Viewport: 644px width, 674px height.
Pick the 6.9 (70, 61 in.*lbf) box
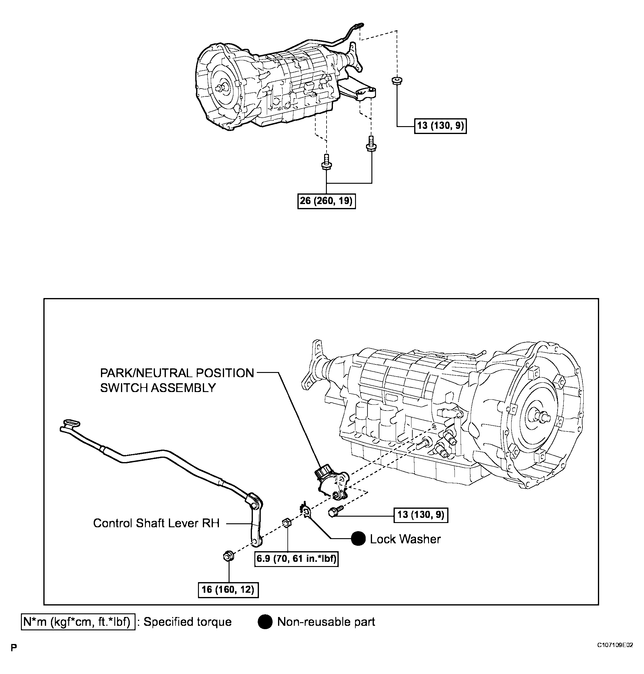(x=296, y=558)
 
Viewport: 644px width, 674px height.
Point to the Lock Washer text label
(x=405, y=539)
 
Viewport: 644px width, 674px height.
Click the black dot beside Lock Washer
(x=358, y=539)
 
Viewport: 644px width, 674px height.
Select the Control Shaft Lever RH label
(x=156, y=523)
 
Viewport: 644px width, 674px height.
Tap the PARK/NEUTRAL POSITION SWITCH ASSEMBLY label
(x=177, y=380)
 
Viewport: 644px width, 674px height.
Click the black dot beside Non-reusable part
(x=265, y=622)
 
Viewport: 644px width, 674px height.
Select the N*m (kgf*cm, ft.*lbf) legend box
(x=78, y=622)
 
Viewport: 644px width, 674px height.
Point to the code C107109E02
(x=615, y=645)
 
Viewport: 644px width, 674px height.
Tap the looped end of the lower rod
(x=71, y=423)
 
